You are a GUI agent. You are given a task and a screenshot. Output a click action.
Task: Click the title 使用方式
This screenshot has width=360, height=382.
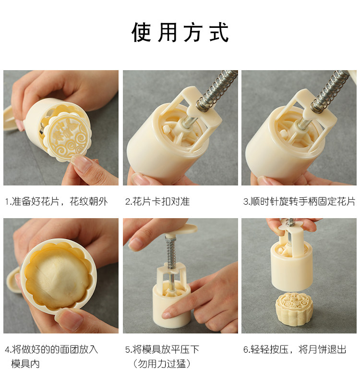click(x=180, y=32)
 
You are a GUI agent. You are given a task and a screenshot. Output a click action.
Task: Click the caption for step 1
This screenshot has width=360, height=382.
click(x=57, y=201)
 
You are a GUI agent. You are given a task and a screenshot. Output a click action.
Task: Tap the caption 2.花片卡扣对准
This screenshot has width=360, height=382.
click(x=157, y=201)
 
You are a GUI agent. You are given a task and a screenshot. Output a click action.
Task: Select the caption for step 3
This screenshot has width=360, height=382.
click(x=300, y=201)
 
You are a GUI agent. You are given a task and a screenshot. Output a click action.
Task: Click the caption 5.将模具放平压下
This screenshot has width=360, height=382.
click(x=162, y=350)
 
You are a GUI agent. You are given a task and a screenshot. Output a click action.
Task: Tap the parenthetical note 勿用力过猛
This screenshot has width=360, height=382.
click(x=162, y=364)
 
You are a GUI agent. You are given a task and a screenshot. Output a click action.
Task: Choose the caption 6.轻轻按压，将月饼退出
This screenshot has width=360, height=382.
click(x=295, y=350)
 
